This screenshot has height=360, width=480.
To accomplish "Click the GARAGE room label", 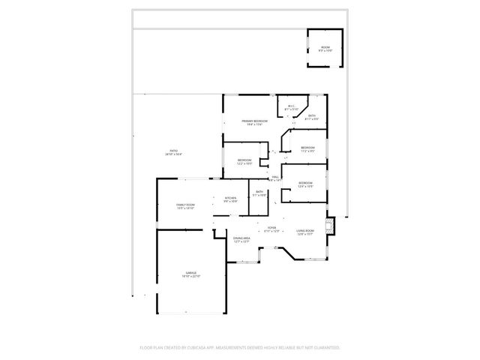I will [191, 272].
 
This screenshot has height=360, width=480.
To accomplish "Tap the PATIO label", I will [173, 151].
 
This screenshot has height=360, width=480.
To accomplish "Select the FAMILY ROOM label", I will [185, 205].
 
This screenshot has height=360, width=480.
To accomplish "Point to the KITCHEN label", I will [230, 198].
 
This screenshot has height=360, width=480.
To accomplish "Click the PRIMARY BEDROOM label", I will [254, 121].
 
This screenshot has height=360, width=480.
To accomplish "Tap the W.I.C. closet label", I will [292, 106].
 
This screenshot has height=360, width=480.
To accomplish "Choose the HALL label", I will [276, 177].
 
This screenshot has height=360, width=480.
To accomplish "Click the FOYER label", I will [272, 227].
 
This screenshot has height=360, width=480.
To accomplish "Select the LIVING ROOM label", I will [305, 230].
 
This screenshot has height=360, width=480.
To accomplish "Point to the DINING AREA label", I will [241, 238].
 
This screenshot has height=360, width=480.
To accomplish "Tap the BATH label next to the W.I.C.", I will [312, 116].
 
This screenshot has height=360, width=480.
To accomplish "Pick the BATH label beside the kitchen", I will [259, 193].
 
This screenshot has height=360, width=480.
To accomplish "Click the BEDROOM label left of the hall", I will [244, 160].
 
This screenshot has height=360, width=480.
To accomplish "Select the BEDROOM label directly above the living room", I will [305, 183].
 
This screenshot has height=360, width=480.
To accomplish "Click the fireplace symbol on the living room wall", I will [329, 226].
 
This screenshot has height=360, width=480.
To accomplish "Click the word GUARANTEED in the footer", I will [325, 348].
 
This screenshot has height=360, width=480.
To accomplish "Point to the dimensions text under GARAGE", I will [191, 276].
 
